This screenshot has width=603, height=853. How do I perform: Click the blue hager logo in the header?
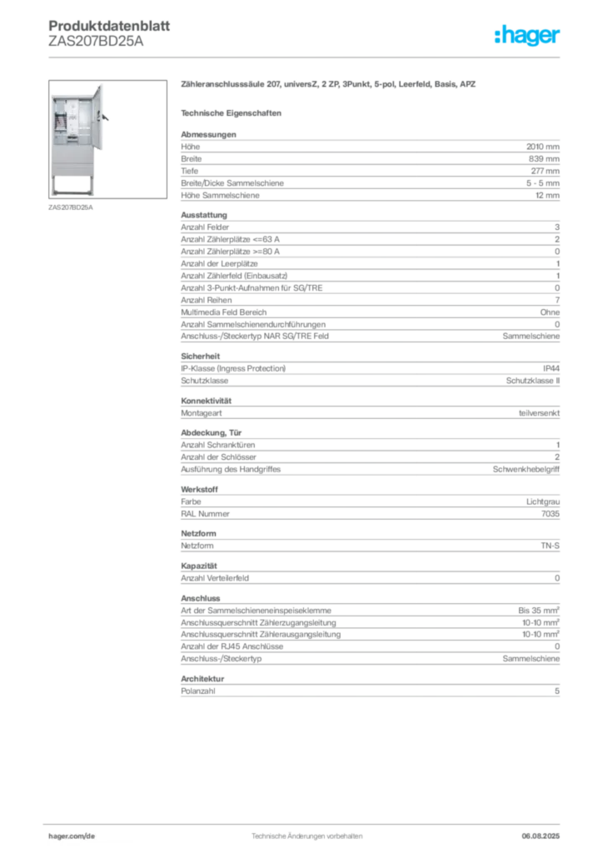click(529, 37)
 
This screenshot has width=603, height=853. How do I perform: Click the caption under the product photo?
click(72, 208)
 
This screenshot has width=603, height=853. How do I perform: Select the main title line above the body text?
click(329, 87)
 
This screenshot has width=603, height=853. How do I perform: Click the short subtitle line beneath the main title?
click(233, 112)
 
